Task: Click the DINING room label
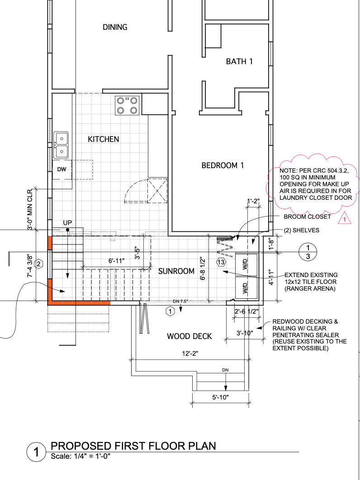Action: [x=115, y=27]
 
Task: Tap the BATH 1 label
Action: [x=239, y=61]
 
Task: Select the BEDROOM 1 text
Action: [x=223, y=165]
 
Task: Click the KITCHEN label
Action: [x=104, y=139]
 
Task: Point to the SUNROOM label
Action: [x=176, y=271]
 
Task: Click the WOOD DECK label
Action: [x=189, y=336]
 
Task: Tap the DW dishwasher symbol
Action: [x=62, y=169]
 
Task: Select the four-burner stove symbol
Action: [x=127, y=105]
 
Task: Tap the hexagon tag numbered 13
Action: [x=221, y=262]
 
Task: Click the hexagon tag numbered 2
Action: [x=39, y=264]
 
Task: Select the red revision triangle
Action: [x=345, y=219]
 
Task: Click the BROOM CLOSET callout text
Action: [x=308, y=217]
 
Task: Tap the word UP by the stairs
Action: [x=67, y=223]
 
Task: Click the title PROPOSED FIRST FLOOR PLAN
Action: [x=133, y=446]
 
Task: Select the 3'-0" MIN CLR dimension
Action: [x=31, y=209]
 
